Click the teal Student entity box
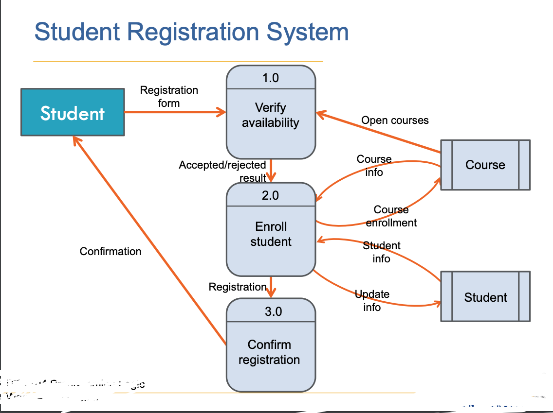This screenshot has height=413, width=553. tap(73, 112)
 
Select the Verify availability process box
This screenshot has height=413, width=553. tap(271, 116)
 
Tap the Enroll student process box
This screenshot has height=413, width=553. tap(271, 234)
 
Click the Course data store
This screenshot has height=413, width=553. tap(485, 165)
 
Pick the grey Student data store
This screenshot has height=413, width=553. tap(485, 297)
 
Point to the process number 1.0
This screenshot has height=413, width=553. tap(271, 78)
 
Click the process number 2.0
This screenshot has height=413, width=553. tap(271, 195)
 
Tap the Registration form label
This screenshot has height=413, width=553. tap(169, 97)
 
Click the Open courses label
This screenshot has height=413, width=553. tap(395, 120)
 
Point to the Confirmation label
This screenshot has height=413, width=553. tap(111, 251)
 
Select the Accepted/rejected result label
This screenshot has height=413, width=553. tap(223, 171)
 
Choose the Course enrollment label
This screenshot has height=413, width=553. tap(391, 216)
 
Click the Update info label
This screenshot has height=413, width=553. tap(372, 301)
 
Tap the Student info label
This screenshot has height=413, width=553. tap(382, 252)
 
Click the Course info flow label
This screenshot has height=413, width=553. tap(374, 166)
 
